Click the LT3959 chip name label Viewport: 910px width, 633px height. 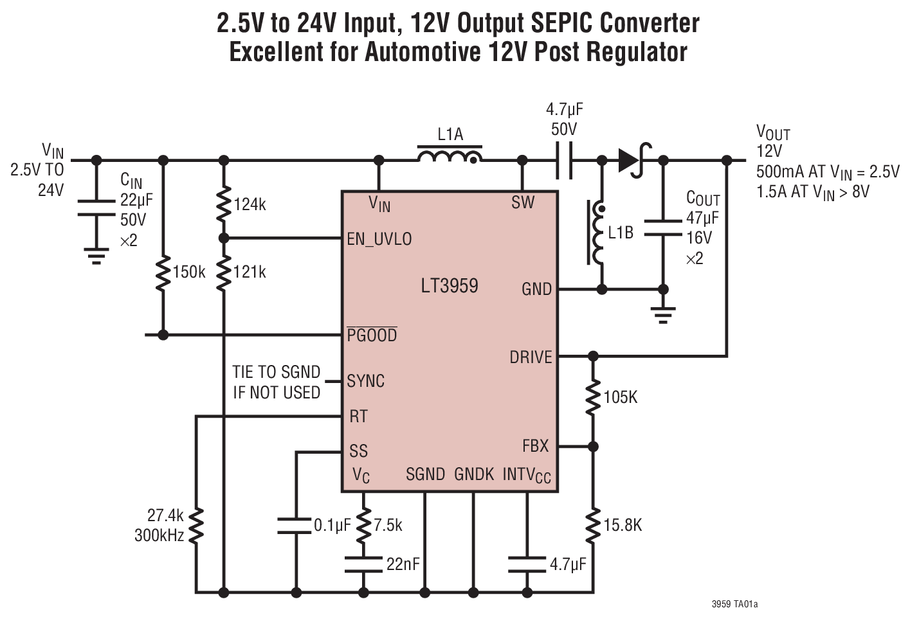coord(449,286)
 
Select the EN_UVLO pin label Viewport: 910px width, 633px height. coord(379,239)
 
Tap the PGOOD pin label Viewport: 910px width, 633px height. coord(372,335)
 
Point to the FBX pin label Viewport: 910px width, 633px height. coord(535,445)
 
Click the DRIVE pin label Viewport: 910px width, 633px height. coord(531,357)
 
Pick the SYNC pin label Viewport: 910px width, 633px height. coord(365,381)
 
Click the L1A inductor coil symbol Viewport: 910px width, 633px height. coord(450,156)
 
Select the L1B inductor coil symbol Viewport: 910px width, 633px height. coord(597,233)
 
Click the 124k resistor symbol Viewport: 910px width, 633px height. coord(224,204)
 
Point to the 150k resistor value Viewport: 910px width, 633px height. coord(189,272)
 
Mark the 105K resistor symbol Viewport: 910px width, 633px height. coord(593,398)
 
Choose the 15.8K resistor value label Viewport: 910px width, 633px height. coord(623,525)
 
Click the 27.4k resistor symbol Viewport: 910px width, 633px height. coord(196,526)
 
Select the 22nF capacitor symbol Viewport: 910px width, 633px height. coord(363,564)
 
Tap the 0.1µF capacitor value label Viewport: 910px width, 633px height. coord(332,525)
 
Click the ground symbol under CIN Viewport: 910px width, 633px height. coord(96,256)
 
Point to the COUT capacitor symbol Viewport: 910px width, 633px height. coord(663,228)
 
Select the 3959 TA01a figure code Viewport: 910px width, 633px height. coord(734,604)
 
